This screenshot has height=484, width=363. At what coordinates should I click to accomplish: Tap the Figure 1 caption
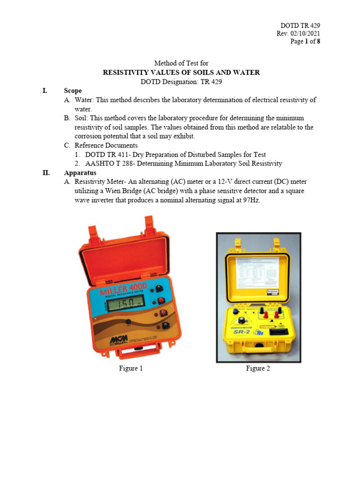click(x=130, y=369)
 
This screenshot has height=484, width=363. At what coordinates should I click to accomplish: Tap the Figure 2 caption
click(x=258, y=369)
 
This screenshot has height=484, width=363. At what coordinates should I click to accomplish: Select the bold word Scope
click(x=73, y=91)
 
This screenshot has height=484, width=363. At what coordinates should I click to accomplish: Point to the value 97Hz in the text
click(x=251, y=200)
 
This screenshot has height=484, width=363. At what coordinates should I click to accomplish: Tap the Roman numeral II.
click(x=46, y=173)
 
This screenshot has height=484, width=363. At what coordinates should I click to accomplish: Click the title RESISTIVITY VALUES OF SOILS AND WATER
click(x=181, y=72)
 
